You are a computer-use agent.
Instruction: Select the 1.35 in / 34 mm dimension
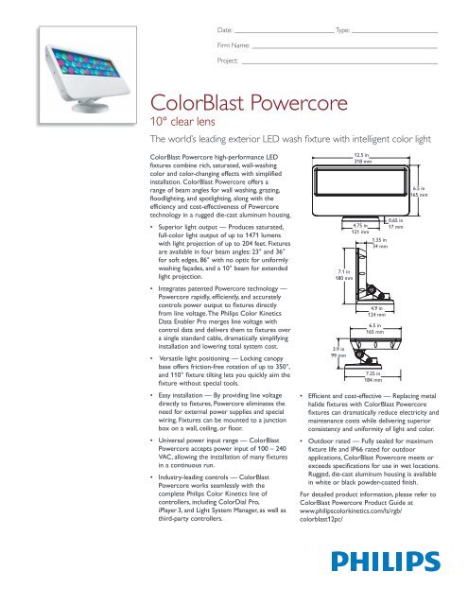[x=380, y=243]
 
